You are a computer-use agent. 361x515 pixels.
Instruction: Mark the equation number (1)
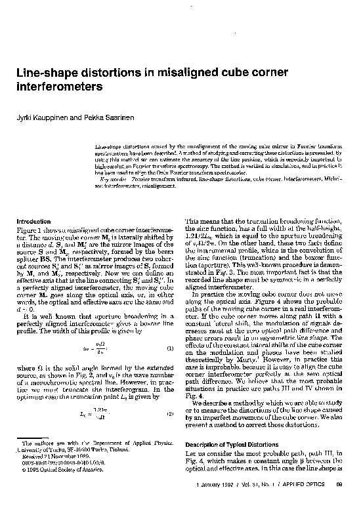169,348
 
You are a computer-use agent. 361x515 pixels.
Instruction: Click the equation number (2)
169,414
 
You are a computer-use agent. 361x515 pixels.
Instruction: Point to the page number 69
339,502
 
